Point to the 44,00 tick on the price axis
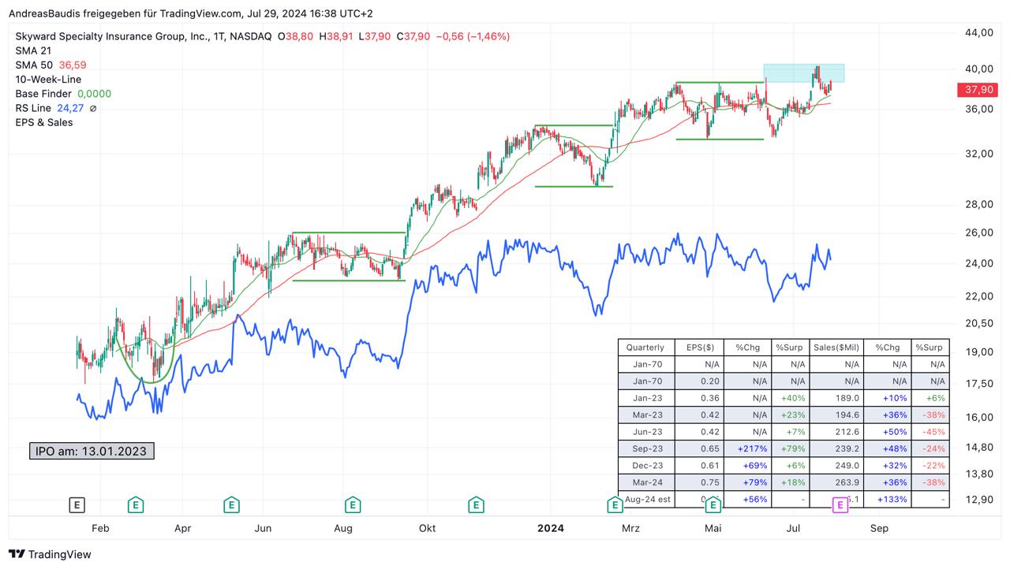(978, 32)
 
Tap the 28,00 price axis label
(978, 204)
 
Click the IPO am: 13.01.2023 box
(92, 452)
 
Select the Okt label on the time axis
(427, 528)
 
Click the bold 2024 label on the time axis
(550, 528)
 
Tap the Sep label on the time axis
(879, 528)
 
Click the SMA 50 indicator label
(33, 65)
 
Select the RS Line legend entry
(33, 108)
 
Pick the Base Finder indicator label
(43, 94)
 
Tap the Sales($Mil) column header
(837, 348)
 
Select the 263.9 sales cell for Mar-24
(847, 482)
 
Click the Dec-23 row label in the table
(647, 466)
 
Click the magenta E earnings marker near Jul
(840, 505)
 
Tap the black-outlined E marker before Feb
(77, 505)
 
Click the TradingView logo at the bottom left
(50, 554)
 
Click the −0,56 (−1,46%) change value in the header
(473, 36)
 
